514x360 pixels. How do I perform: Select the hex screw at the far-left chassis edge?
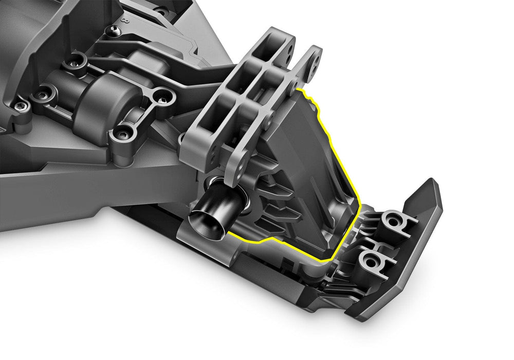pos(20,106)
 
